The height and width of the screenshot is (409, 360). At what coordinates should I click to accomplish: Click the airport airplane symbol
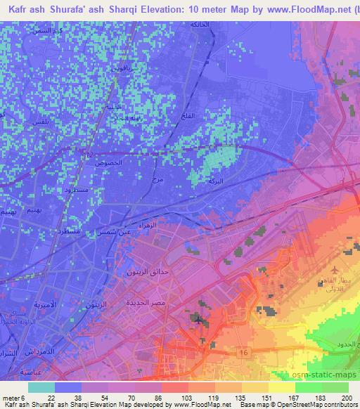pyautogui.click(x=334, y=269)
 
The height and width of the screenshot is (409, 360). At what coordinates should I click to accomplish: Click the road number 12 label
pyautogui.click(x=87, y=154)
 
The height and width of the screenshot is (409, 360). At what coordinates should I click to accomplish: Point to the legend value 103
pyautogui.click(x=185, y=398)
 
